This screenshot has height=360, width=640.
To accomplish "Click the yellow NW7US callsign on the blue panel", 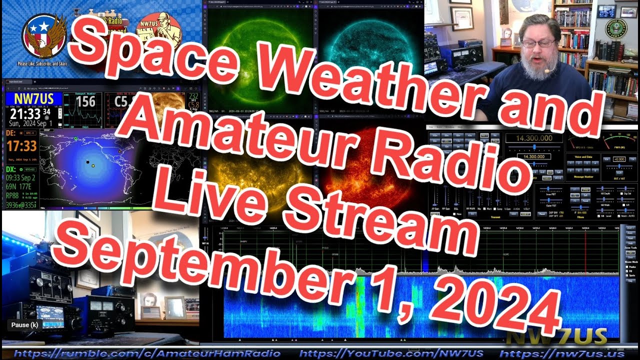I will point(33,99).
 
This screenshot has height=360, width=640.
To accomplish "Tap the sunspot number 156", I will point(85,102).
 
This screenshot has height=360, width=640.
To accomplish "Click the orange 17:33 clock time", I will point(21,146).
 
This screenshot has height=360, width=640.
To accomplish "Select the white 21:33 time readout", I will point(26,114).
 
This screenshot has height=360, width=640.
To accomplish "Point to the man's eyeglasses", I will point(538,44).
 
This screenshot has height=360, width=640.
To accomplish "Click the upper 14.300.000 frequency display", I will point(534,138).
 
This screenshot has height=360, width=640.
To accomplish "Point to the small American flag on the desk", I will point(150,312).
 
